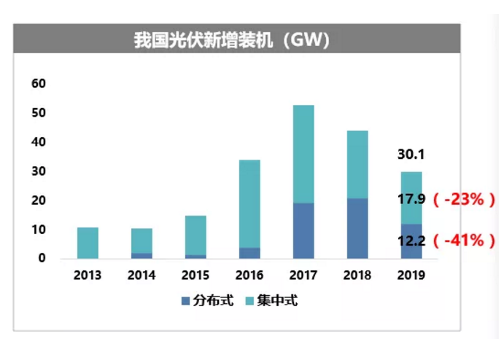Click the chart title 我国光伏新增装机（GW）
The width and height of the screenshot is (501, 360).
point(232,40)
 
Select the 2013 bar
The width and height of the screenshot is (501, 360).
point(88,243)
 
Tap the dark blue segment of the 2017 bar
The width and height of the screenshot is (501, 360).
point(303,230)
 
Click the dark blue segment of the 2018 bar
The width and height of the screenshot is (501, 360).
point(357,228)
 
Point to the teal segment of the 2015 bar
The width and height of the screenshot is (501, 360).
point(195,235)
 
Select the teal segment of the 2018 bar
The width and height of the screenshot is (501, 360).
point(357,165)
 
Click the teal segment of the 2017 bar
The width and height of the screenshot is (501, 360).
point(303,154)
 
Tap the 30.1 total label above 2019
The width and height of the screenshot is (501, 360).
point(411,154)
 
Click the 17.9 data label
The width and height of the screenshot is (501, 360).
point(411,197)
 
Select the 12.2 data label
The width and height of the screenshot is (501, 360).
point(411,240)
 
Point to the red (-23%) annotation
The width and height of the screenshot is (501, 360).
point(465,197)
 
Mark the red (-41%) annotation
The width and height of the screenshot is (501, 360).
point(465,240)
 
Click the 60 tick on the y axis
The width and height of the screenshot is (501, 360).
point(39,84)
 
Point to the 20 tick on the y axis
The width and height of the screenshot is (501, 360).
point(39,200)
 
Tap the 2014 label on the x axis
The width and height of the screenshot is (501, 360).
point(141,276)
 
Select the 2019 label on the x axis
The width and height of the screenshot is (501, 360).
point(411,276)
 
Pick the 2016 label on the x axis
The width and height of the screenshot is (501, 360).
point(249,276)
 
